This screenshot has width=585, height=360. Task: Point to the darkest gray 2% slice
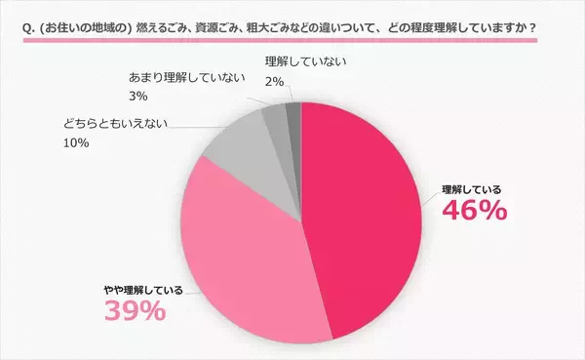tap(293, 113)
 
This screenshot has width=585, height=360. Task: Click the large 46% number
tap(474, 210)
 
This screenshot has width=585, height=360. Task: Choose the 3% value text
tap(137, 96)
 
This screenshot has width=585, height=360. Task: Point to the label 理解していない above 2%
tap(304, 61)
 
